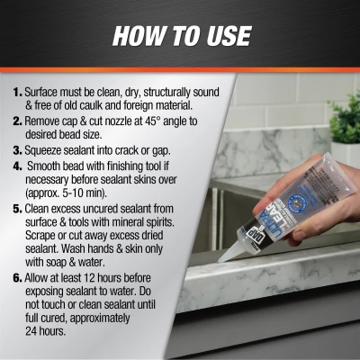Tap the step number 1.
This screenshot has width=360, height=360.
pos(18,92)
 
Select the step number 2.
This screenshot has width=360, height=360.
pos(18,121)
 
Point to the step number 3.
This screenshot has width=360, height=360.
pos(18,150)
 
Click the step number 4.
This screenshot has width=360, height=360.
pos(17,166)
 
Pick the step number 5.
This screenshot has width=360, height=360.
pos(18,209)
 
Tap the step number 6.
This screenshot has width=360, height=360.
pos(18,278)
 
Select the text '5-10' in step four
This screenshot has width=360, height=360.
pos(72,193)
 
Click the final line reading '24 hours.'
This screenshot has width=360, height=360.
pos(45,331)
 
